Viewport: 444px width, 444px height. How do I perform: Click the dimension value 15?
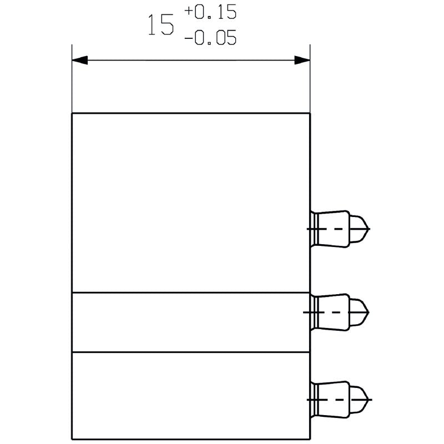pos(160,25)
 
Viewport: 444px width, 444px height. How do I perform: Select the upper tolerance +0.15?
pos(210,12)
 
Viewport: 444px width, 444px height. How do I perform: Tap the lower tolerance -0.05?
pos(210,38)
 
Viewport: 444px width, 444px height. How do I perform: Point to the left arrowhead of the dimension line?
pos(80,60)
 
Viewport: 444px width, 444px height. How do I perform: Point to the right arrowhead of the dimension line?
pos(302,60)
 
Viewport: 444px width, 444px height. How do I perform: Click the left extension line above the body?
pos(72,79)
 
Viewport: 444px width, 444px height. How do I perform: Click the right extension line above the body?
pos(310,79)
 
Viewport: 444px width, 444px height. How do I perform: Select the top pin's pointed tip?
pos(369,229)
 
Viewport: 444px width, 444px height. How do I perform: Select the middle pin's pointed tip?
pos(369,312)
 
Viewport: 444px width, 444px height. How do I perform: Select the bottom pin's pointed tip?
pos(369,400)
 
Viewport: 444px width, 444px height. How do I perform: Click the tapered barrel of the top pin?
pos(332,229)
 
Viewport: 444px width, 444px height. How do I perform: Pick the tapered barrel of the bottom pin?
pos(332,400)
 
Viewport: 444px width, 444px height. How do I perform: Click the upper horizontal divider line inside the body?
pos(191,292)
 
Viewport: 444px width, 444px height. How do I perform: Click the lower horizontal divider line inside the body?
pos(191,352)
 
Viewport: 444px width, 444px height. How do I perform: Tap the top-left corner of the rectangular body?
pos(72,113)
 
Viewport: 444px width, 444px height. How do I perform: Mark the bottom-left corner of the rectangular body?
pos(72,439)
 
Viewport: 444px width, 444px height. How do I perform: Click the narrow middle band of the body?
pos(191,322)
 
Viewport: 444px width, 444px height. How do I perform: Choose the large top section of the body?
pos(191,203)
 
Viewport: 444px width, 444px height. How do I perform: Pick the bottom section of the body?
pos(191,396)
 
